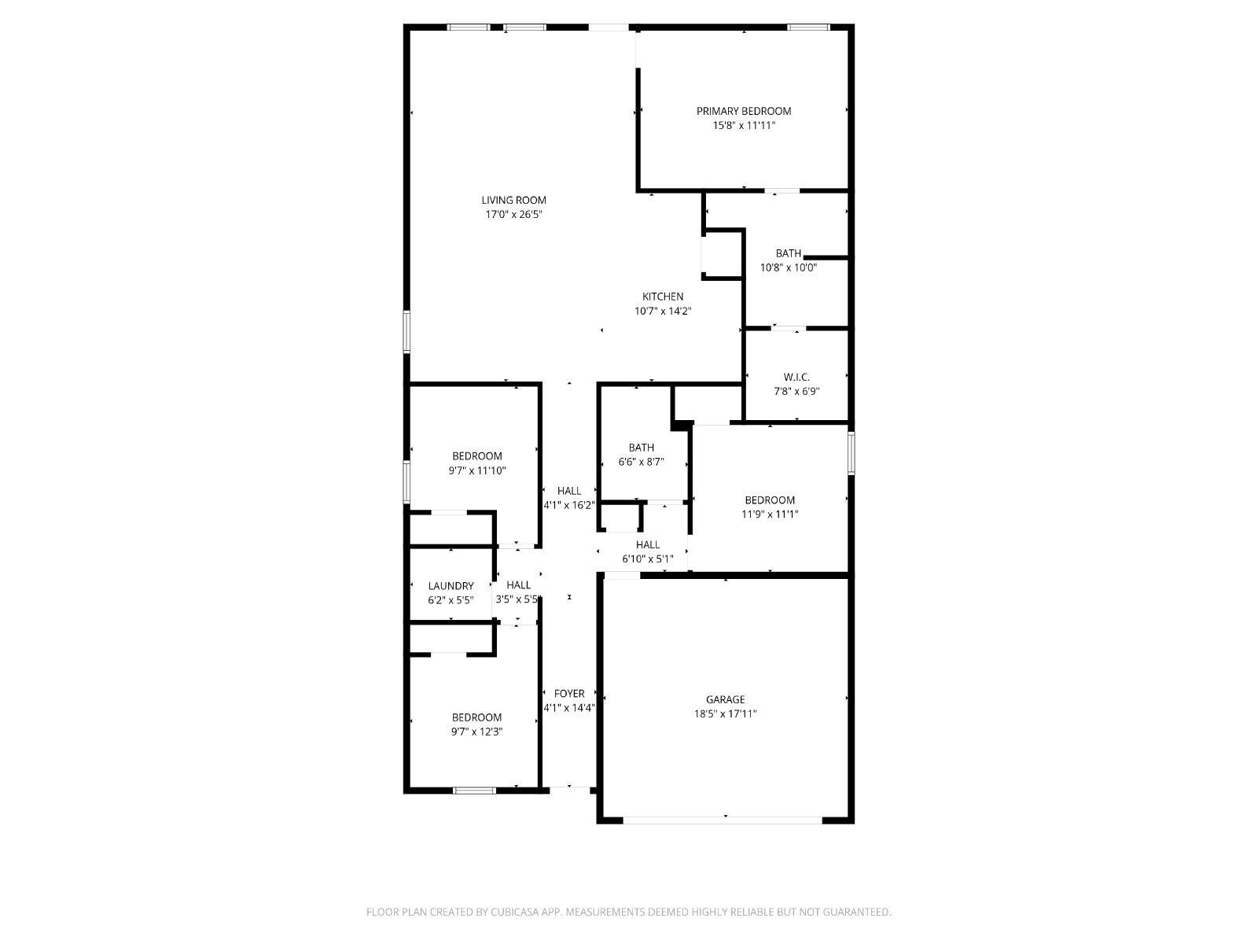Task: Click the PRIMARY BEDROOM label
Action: (x=743, y=111)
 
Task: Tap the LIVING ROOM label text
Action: (x=513, y=200)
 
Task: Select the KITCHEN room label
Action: (x=663, y=297)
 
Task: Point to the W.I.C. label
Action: (x=796, y=377)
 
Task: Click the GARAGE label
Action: (x=725, y=699)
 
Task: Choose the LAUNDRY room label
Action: (x=451, y=586)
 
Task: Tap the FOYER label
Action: (x=569, y=694)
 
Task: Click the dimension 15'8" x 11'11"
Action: (x=743, y=126)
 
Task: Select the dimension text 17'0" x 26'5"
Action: (x=513, y=214)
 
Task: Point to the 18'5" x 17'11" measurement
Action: (x=725, y=714)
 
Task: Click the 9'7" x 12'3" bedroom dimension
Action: (x=476, y=732)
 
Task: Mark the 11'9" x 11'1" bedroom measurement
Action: (x=770, y=514)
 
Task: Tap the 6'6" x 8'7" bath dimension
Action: (x=641, y=462)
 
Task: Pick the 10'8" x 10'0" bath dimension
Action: (x=788, y=267)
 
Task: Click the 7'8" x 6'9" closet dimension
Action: (x=796, y=392)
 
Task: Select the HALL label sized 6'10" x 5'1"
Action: (x=648, y=544)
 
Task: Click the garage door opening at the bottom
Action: (x=723, y=820)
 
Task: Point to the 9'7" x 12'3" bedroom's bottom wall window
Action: (x=475, y=791)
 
